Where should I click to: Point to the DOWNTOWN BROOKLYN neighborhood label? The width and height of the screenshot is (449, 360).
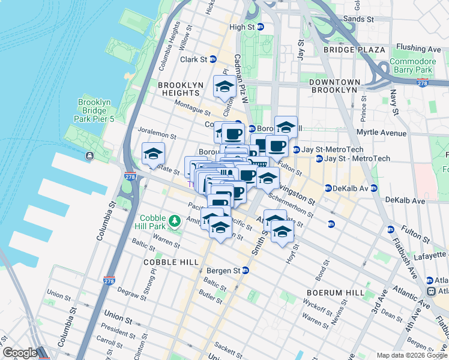tap(334, 86)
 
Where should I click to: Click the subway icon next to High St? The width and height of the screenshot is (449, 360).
tap(261, 27)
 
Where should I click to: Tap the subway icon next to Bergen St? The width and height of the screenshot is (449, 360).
tap(245, 271)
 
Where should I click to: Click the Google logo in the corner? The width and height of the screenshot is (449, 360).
tap(19, 353)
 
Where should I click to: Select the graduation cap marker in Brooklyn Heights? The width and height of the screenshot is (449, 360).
tap(224, 88)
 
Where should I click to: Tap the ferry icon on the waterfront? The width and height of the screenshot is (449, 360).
tap(89, 156)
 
